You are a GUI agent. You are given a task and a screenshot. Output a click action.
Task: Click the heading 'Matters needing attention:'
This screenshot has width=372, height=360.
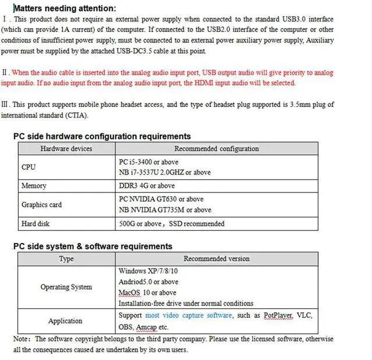tap(65, 8)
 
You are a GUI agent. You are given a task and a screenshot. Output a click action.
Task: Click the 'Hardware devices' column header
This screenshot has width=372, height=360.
tap(66, 149)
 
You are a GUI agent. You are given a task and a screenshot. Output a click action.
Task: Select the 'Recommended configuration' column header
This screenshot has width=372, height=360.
tap(217, 149)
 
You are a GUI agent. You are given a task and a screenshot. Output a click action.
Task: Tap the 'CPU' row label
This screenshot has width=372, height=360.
tap(28, 167)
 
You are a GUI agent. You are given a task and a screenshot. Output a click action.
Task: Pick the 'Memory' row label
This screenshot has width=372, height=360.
tap(34, 186)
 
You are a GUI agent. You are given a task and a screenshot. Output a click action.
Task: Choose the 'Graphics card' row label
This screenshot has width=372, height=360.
tap(41, 205)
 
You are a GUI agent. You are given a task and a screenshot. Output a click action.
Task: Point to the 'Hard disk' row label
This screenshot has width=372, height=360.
tap(36, 223)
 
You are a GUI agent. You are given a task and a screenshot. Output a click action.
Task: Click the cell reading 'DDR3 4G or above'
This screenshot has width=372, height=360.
tap(146, 186)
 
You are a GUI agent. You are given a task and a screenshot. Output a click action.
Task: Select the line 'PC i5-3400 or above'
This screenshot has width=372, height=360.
tap(149, 162)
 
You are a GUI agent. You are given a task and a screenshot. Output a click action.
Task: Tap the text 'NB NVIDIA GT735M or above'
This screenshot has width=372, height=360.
tap(165, 210)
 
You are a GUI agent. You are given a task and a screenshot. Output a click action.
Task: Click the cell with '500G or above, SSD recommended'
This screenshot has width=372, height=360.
tap(171, 223)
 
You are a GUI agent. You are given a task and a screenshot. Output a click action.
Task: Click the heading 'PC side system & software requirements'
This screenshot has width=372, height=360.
tap(93, 246)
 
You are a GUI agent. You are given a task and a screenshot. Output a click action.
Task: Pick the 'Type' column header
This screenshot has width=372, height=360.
tap(66, 259)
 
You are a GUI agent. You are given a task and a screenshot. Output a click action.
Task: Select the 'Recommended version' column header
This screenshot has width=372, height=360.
tap(217, 259)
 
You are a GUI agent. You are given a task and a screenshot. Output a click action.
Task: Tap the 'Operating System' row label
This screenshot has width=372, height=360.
tap(66, 287)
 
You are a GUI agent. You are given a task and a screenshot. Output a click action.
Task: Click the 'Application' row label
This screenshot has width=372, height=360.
tap(65, 320)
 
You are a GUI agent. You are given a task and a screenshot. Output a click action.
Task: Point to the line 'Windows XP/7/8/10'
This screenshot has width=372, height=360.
tap(148, 271)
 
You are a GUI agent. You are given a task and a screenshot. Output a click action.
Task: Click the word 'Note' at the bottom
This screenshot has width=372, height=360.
tap(21, 339)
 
